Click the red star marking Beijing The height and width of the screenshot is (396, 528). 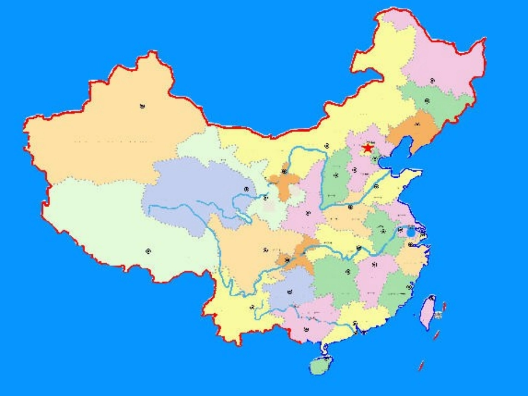pos(367,148)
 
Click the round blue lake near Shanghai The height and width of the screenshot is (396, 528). pos(411,231)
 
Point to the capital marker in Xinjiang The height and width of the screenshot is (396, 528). pos(142,106)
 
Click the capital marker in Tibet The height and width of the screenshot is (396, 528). pos(148,250)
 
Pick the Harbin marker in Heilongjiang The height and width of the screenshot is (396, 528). pos(432,81)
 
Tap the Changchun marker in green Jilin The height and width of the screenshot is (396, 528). pos(427,101)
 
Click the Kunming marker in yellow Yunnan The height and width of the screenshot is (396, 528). pos(252,306)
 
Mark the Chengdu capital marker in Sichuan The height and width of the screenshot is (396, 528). pos(266,249)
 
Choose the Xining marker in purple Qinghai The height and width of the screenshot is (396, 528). pos(246,189)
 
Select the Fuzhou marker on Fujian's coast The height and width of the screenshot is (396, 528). pos(409,287)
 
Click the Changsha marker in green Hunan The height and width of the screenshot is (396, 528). pos(348,272)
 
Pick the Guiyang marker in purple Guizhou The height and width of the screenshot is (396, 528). pos(290,292)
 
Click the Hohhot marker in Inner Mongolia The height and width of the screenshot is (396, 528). pos(327,146)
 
